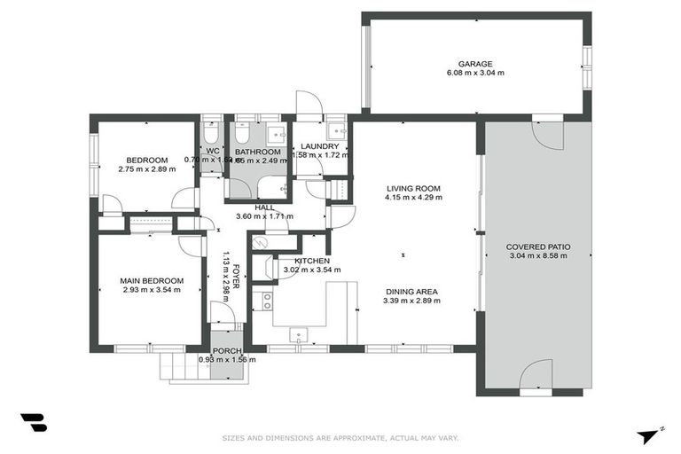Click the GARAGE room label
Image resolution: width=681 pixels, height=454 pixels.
coord(475,64)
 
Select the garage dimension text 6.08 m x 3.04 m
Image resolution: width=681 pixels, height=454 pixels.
coord(475,74)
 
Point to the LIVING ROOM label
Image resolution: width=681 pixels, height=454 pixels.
coord(413,188)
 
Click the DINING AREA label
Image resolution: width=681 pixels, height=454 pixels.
coord(411,291)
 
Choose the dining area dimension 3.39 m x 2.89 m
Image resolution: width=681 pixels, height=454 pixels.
coord(411,301)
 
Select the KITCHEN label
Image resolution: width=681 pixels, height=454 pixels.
coord(312,261)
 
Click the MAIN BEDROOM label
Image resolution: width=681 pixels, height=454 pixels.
coord(152,280)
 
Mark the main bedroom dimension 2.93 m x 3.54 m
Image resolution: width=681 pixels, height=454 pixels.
coord(152,290)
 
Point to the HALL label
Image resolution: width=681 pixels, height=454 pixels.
coord(264,207)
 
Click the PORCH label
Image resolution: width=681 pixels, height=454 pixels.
coord(227,350)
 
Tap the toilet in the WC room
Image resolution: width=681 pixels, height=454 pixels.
coord(212,134)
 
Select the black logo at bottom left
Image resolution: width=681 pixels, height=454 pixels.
coord(33,423)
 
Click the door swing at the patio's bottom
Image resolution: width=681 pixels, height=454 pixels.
coord(536,375)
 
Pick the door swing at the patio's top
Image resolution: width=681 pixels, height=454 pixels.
coord(547,136)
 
